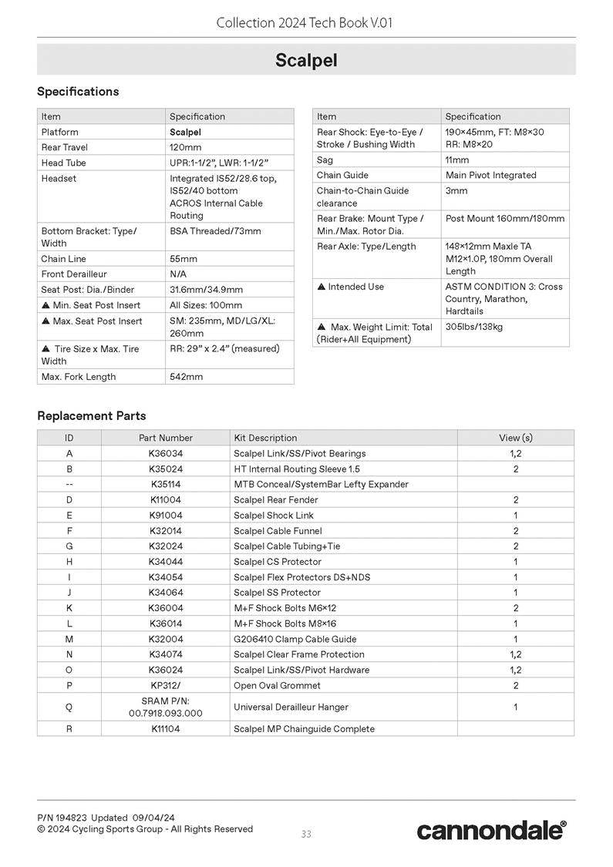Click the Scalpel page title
click(306, 60)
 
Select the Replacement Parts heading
click(91, 415)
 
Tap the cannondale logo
click(491, 830)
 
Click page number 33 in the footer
click(306, 834)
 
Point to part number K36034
click(166, 453)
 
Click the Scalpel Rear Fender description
click(276, 499)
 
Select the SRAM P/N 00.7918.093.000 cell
click(166, 707)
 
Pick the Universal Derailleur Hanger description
click(291, 707)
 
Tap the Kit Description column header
click(265, 438)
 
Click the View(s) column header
click(515, 438)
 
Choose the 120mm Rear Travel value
click(185, 147)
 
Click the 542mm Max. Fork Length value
click(186, 377)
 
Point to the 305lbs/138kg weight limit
click(474, 327)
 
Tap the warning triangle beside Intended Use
click(322, 287)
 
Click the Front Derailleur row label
click(74, 274)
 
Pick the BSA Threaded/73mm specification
click(215, 230)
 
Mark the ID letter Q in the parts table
click(69, 707)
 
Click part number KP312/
click(166, 685)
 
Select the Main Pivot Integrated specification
click(490, 175)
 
